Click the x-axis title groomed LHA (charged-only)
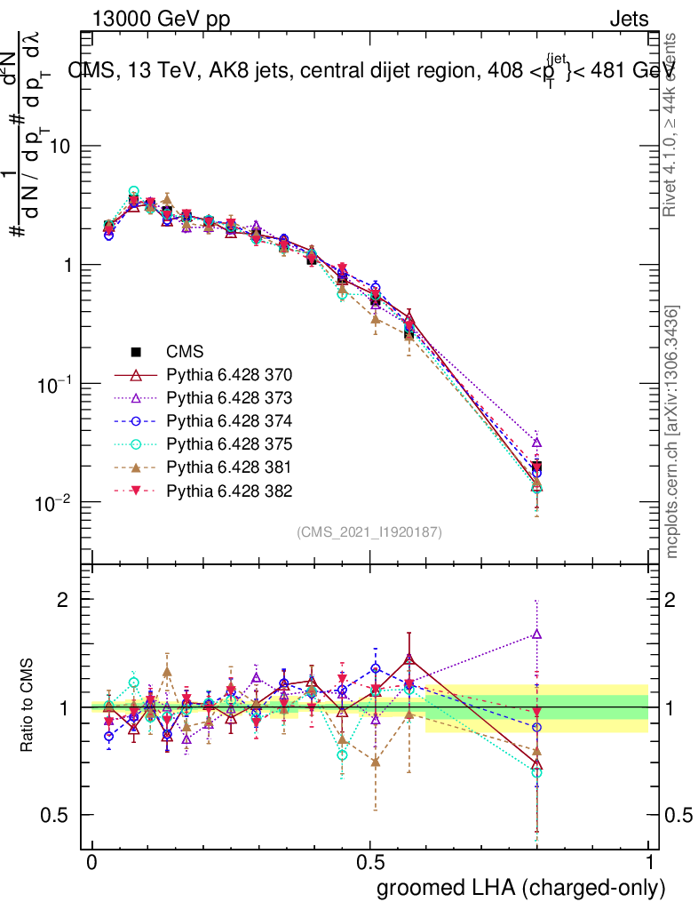pyautogui.click(x=521, y=888)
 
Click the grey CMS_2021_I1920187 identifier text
pyautogui.click(x=369, y=532)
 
